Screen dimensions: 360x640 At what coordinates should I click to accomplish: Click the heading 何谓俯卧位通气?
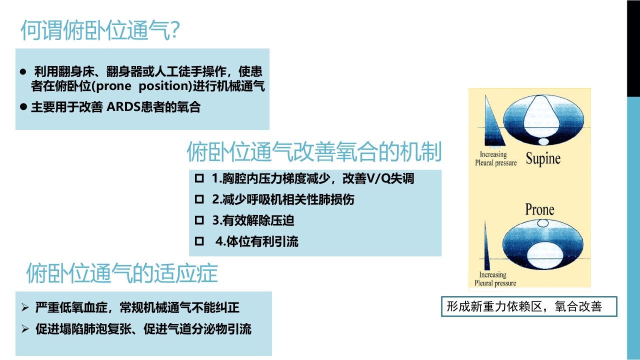click(x=100, y=30)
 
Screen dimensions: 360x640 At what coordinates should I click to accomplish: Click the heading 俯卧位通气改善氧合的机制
click(x=314, y=152)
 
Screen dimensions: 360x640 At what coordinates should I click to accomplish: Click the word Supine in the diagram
click(x=542, y=159)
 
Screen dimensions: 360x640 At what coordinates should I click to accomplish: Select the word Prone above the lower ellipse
click(x=539, y=209)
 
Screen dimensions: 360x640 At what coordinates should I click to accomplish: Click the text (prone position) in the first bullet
click(x=143, y=86)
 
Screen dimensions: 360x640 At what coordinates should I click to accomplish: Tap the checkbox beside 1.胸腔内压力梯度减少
click(x=199, y=178)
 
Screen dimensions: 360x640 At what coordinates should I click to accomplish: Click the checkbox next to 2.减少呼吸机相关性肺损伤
click(x=199, y=199)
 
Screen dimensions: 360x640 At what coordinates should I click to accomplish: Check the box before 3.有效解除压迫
click(x=199, y=220)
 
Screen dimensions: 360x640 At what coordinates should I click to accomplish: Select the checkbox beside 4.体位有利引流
click(x=199, y=241)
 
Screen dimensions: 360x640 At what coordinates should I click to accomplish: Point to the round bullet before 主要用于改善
click(x=23, y=107)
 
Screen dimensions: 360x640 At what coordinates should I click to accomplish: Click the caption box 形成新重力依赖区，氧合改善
click(x=529, y=306)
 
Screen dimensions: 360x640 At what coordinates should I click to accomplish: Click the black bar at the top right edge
click(x=633, y=48)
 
